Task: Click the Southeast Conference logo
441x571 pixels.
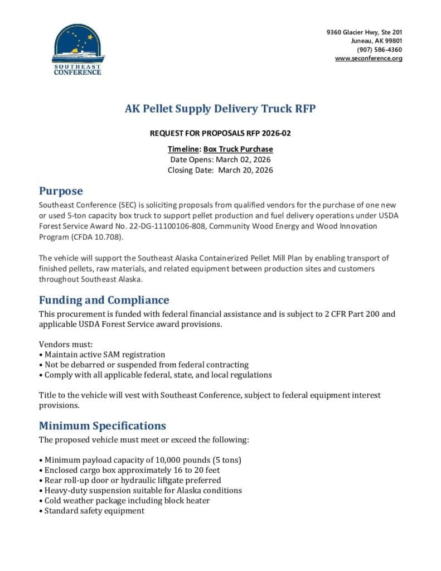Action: pos(77,49)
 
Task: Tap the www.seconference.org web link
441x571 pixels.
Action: pos(369,59)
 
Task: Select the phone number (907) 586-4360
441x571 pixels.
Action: pos(380,50)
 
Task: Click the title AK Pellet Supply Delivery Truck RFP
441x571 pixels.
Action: pos(220,109)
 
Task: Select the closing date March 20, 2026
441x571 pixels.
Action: pos(245,170)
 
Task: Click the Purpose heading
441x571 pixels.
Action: pos(61,191)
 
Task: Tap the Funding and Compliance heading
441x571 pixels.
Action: pos(104,300)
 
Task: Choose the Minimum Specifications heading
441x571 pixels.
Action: pos(102,425)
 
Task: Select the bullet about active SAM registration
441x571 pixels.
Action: pos(103,354)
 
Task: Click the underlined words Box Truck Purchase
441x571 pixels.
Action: pos(238,149)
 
